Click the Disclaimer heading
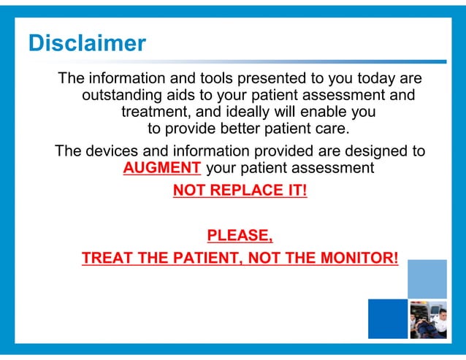click(87, 43)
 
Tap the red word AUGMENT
click(161, 168)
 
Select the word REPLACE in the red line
click(241, 191)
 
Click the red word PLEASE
click(240, 235)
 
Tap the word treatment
click(155, 113)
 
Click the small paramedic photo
click(427, 319)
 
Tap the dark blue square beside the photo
click(386, 319)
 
